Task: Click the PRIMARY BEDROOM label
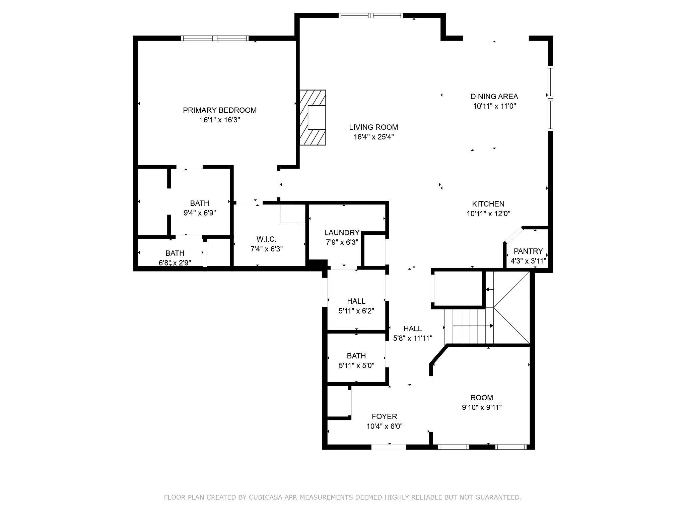pos(220,110)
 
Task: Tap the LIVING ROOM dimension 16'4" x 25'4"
pos(373,137)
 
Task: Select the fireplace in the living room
pos(313,117)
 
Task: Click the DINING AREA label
pos(494,97)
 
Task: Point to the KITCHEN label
pos(488,204)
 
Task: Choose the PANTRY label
pos(528,251)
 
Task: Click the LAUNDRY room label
pos(342,233)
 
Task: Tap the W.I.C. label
pos(267,239)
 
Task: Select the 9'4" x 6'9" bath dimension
pos(200,213)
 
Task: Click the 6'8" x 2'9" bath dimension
pos(175,263)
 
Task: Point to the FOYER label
pos(385,416)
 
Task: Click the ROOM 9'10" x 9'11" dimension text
pos(482,407)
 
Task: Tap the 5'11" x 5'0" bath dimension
pos(356,365)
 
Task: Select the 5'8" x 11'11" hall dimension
pos(413,338)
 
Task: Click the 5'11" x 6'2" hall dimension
pos(356,311)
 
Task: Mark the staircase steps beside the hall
pos(469,326)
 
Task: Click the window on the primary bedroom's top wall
pos(215,38)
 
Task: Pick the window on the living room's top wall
pos(370,15)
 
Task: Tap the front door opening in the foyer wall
pos(389,447)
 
